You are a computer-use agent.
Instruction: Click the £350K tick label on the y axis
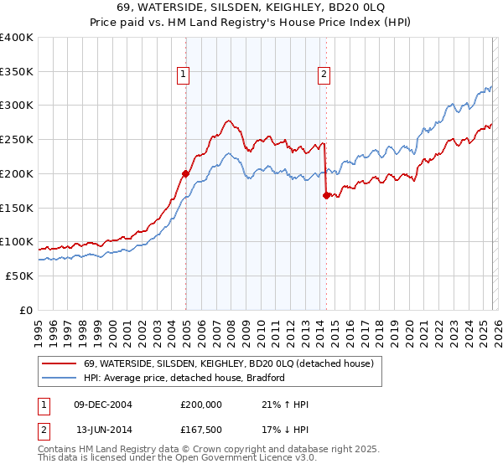[x=17, y=72]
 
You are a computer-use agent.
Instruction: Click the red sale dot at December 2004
[x=185, y=174]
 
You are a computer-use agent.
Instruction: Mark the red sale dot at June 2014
[x=326, y=196]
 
